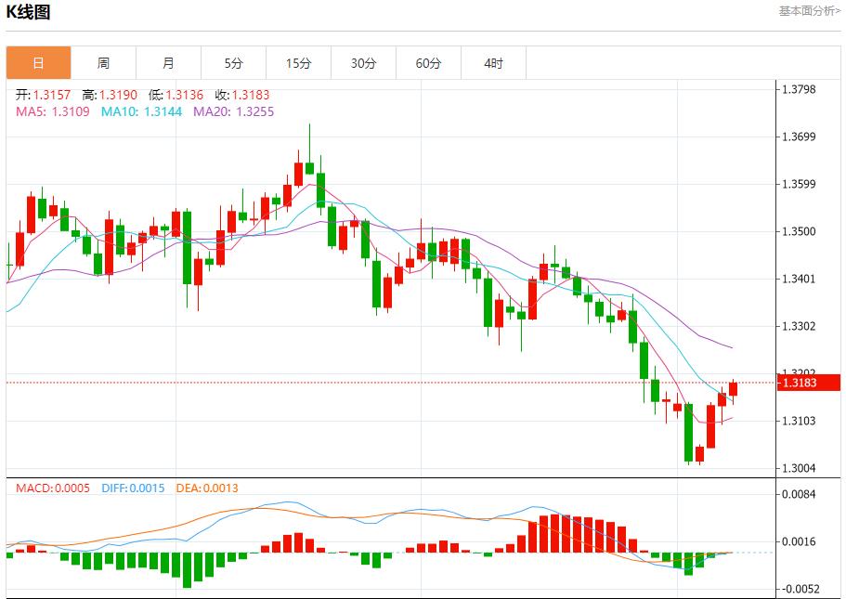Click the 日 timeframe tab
click(x=38, y=63)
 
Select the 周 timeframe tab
click(x=103, y=63)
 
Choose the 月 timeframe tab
click(x=168, y=63)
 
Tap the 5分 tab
click(x=233, y=63)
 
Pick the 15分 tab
click(x=298, y=63)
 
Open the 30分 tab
click(x=363, y=63)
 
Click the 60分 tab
click(x=428, y=63)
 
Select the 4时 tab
click(x=493, y=63)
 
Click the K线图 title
click(x=28, y=12)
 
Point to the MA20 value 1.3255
click(x=255, y=111)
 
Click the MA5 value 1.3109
click(x=71, y=111)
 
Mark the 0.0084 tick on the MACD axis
click(x=798, y=494)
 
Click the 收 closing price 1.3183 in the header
click(x=251, y=95)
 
